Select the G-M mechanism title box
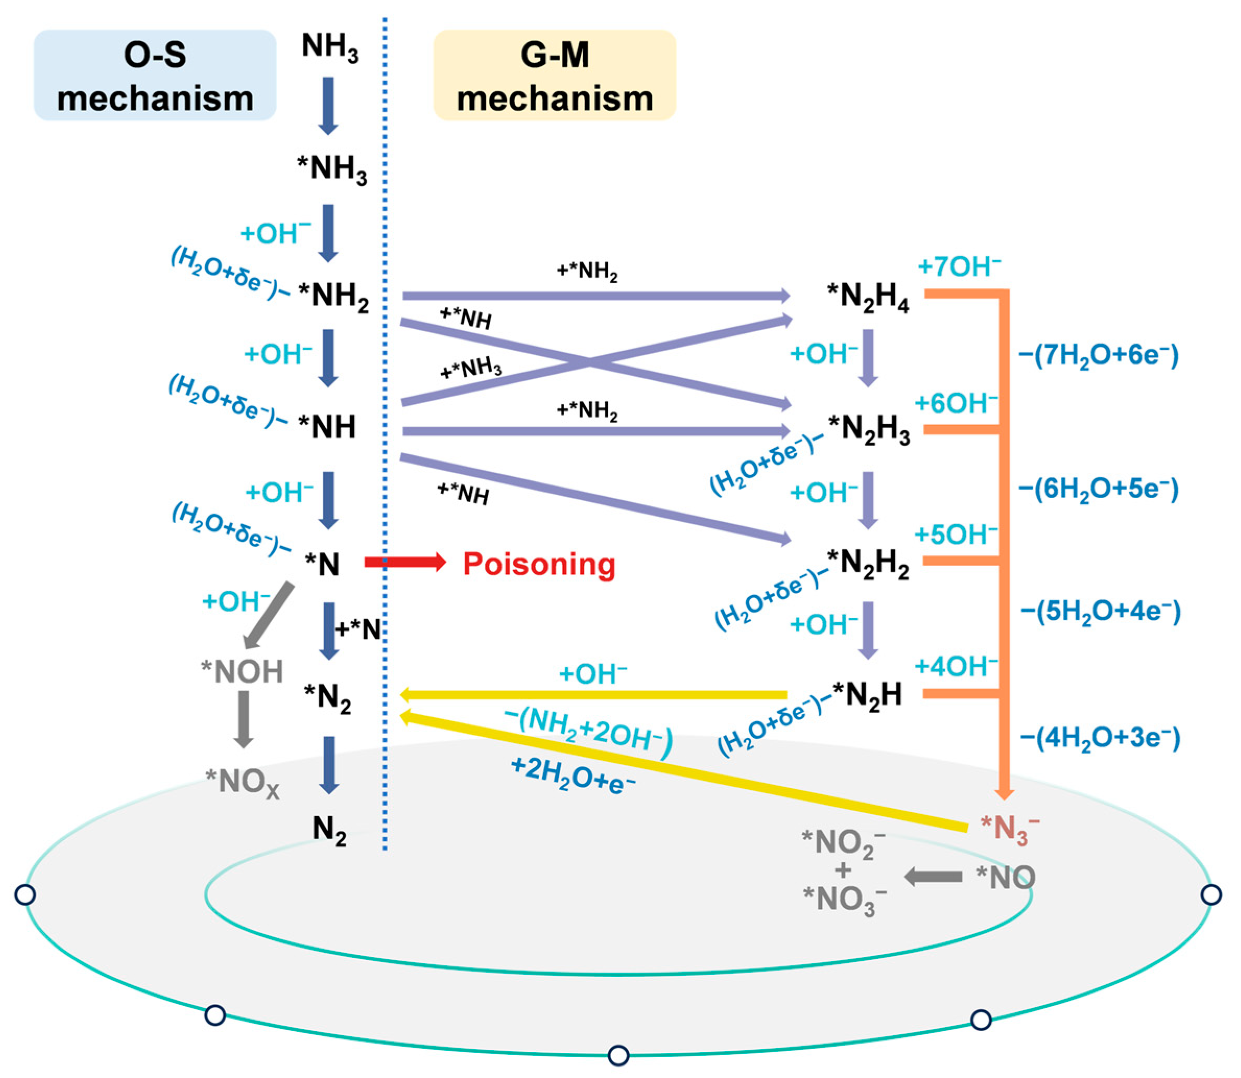(554, 75)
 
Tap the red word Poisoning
(539, 564)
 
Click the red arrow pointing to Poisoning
(405, 562)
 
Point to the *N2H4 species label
(868, 297)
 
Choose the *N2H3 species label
(869, 430)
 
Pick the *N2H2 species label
(868, 563)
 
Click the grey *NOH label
(242, 671)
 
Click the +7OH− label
(959, 267)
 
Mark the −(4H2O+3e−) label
(1100, 738)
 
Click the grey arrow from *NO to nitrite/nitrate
(933, 877)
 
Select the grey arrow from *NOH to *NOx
(243, 719)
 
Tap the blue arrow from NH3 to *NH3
(328, 106)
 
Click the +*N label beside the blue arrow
(358, 630)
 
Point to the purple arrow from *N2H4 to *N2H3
(867, 357)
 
